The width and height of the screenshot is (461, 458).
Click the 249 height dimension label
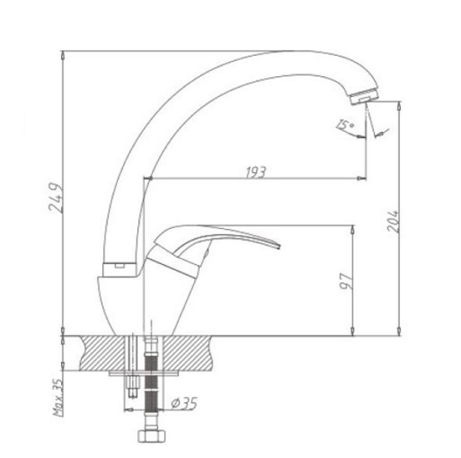coord(56,198)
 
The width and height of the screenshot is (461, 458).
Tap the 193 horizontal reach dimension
coord(256,173)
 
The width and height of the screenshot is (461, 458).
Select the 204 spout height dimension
coord(393,221)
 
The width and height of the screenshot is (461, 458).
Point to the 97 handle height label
coord(347,282)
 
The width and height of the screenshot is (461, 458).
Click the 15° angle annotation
coord(345,124)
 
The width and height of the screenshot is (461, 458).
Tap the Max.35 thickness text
coord(58,397)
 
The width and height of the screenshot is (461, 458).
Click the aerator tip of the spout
coord(364,96)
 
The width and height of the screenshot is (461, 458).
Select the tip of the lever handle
coord(278,246)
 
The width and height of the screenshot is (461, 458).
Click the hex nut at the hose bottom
coord(152,436)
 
